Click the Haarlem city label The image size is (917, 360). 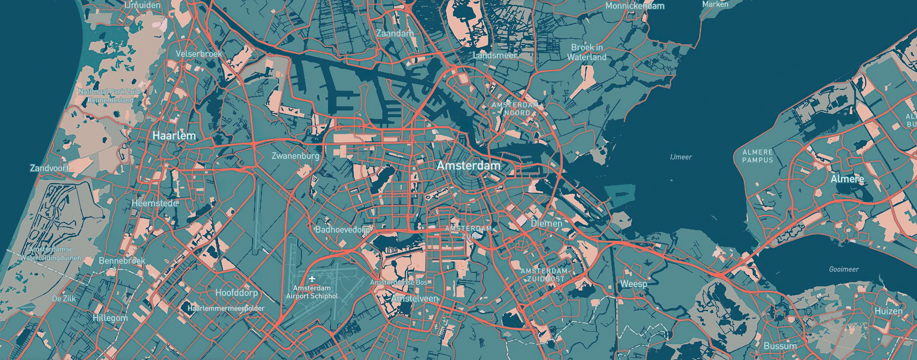click(174, 136)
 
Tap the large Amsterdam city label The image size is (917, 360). click(468, 166)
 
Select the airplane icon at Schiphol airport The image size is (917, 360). click(312, 278)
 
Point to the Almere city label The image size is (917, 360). click(847, 179)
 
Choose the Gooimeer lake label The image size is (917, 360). click(844, 269)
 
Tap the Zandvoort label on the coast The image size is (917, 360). click(49, 168)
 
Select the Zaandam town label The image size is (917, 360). click(395, 34)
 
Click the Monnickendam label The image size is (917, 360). click(635, 6)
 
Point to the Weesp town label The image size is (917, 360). click(633, 284)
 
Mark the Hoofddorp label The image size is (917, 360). click(236, 293)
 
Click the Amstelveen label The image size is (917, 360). click(414, 298)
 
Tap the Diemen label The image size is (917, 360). click(546, 223)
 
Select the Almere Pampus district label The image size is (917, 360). click(758, 156)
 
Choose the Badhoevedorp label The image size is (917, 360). click(343, 230)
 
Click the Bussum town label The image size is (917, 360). click(780, 346)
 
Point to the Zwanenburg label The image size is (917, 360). click(295, 156)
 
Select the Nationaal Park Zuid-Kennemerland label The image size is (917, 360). click(110, 96)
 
